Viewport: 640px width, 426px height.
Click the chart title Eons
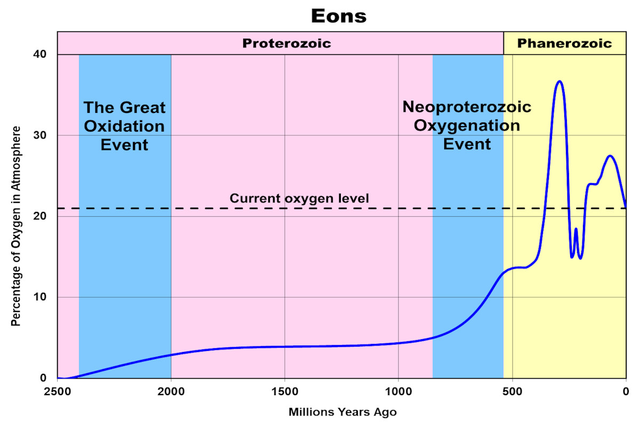(x=339, y=15)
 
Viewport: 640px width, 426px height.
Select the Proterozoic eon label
(x=286, y=43)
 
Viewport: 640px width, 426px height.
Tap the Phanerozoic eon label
(x=564, y=43)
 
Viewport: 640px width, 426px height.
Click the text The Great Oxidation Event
(x=124, y=126)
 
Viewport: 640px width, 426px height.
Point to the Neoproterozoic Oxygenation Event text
(x=467, y=125)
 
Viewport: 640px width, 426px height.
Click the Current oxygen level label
(x=299, y=199)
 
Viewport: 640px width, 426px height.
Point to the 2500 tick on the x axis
(x=58, y=390)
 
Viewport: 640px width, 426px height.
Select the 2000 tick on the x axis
(x=171, y=390)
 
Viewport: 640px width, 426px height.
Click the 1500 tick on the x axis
(x=285, y=390)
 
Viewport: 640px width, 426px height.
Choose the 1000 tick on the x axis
(x=398, y=390)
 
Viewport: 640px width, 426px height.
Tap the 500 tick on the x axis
(x=512, y=390)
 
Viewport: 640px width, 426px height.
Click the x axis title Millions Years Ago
(x=342, y=412)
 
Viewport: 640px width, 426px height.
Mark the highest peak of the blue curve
(x=559, y=81)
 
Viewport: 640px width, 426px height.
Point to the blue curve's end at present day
(x=625, y=207)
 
